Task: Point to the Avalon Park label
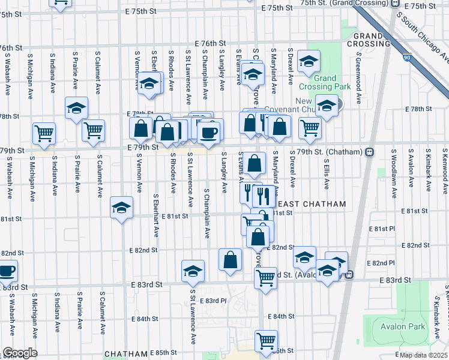click(x=402, y=327)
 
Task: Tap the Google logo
click(x=20, y=352)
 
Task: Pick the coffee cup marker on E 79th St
click(x=208, y=133)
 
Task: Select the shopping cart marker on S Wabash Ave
click(x=44, y=133)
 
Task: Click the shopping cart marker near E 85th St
click(x=266, y=341)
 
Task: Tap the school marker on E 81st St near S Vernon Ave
click(x=121, y=208)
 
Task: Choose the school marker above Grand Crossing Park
click(x=309, y=61)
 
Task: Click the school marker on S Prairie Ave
click(x=76, y=108)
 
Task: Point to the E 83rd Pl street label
click(x=214, y=301)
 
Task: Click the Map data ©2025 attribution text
click(x=423, y=355)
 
